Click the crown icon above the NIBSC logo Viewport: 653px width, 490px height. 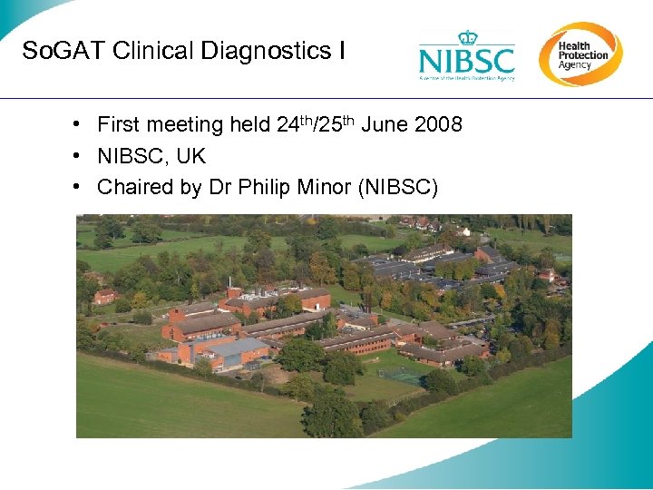tap(467, 37)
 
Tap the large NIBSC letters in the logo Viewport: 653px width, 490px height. tap(466, 61)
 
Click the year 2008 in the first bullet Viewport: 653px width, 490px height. tap(439, 125)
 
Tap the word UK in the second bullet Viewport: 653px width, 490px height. tap(190, 157)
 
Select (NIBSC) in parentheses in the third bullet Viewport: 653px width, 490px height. tap(398, 188)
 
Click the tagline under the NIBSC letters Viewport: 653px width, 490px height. tap(466, 78)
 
